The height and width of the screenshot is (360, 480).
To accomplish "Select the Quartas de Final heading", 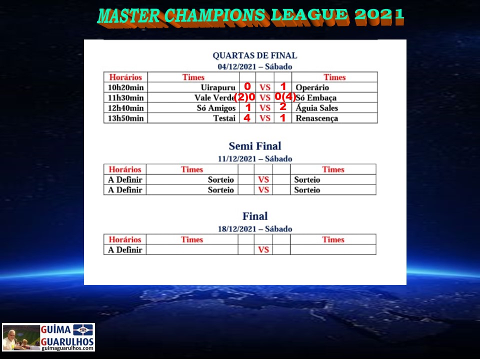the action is (x=254, y=55).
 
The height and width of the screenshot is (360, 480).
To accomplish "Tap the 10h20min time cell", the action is (x=125, y=87).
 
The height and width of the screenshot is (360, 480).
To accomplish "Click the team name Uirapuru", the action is (x=218, y=87).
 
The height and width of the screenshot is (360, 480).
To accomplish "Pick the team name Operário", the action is (x=312, y=87).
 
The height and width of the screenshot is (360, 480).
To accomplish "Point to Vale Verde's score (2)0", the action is (x=244, y=97).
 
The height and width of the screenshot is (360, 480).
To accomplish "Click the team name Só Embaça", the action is (x=316, y=97).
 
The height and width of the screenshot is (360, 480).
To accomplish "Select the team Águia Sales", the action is (x=317, y=108).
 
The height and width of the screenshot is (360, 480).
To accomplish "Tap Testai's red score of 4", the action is (x=247, y=118).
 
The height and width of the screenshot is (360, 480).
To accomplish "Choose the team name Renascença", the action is (x=317, y=118).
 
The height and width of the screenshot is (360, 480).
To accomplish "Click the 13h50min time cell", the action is (x=125, y=118).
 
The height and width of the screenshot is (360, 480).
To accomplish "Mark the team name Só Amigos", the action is (x=216, y=108).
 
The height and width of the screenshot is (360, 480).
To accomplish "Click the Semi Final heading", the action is (x=254, y=145).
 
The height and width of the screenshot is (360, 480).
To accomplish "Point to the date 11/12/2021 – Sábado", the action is (x=254, y=158).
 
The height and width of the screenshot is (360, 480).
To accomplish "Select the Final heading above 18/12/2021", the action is (x=254, y=216).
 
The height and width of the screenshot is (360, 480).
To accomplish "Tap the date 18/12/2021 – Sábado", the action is (x=254, y=228).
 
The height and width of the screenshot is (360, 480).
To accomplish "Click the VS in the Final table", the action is (x=263, y=250).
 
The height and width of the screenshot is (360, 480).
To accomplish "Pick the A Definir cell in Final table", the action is (x=125, y=250).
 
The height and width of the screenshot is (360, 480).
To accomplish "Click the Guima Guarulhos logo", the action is (x=48, y=337).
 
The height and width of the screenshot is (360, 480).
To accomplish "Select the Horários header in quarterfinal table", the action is (x=125, y=77).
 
